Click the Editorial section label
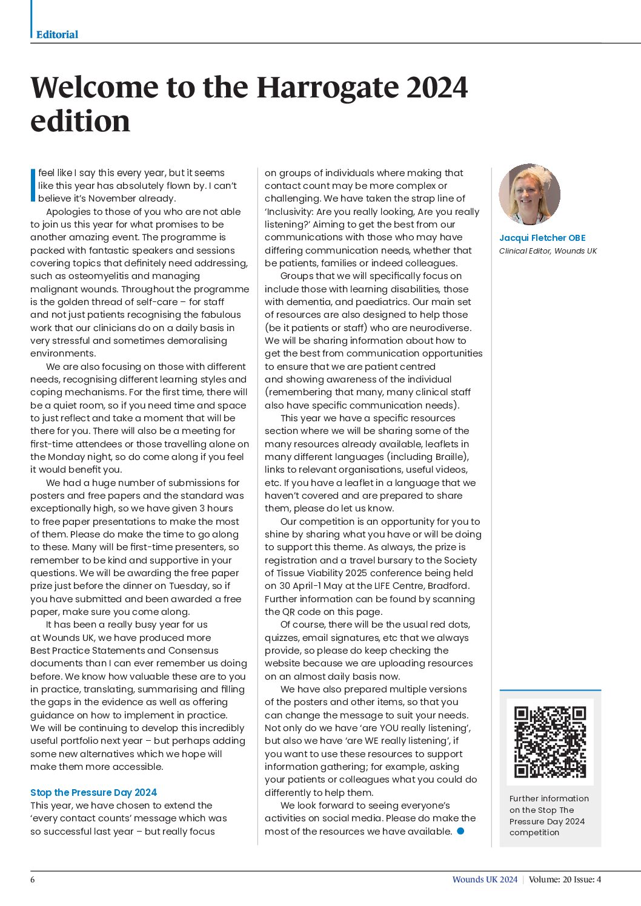57,34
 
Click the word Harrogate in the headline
327,87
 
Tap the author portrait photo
530,194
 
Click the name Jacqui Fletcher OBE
542,238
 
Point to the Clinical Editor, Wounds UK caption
548,251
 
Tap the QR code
550,742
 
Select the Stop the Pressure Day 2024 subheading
93,792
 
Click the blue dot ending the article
460,831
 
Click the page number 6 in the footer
33,879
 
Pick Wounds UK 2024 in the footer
485,879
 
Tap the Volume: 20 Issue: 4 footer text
565,879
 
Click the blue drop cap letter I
33,185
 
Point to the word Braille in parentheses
448,456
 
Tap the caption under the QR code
549,815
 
